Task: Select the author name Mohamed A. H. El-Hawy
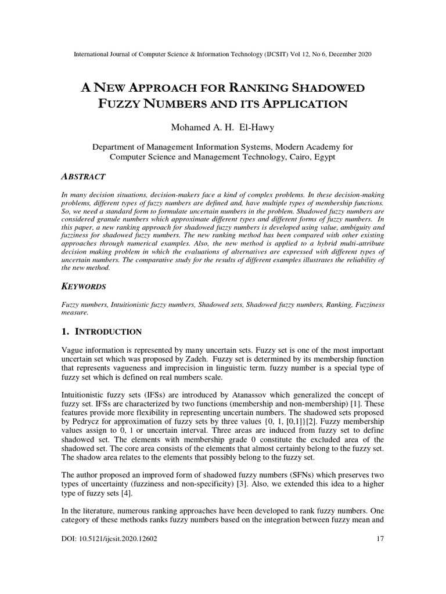pyautogui.click(x=223, y=127)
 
